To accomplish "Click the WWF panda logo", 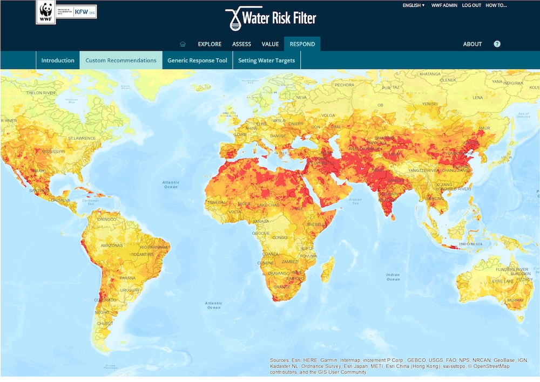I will (x=46, y=12).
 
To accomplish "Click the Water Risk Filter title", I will (x=271, y=18).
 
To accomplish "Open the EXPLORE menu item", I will (x=210, y=44).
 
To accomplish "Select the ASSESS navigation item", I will (x=241, y=44).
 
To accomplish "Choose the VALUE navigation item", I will (x=270, y=44).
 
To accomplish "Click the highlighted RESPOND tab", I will (x=302, y=44).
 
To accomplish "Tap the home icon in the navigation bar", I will (x=183, y=44).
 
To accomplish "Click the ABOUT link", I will (x=472, y=44).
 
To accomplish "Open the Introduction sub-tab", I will (x=58, y=60).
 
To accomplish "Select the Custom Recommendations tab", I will (x=121, y=60).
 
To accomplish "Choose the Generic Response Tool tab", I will (x=197, y=60).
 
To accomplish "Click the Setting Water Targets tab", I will (x=267, y=60).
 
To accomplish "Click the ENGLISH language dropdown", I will (x=413, y=5).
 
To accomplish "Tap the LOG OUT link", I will (x=471, y=5).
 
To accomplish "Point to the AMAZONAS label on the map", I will (x=112, y=245).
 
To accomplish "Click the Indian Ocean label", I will (x=393, y=277).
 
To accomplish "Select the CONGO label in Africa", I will (x=279, y=237).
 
